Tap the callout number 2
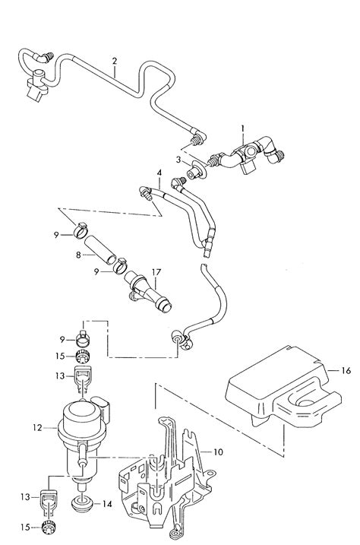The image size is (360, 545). point(115,60)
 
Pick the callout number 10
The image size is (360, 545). point(218,452)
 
